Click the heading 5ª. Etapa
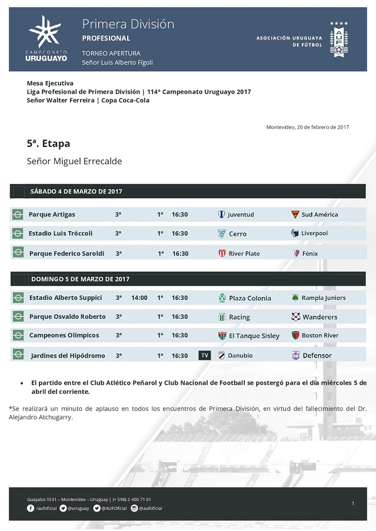point(48,143)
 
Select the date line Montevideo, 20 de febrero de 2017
point(307,127)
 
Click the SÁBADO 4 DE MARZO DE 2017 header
point(76,191)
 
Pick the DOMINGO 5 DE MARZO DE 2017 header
point(80,279)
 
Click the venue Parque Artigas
point(52,215)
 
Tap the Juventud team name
point(241,215)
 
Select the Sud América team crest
point(295,215)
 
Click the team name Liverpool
point(315,233)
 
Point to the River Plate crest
point(222,253)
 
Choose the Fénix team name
point(310,253)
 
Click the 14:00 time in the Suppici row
point(139,298)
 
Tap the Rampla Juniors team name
point(324,298)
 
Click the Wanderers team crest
point(295,316)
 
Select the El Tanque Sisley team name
point(254,336)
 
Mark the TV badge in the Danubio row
point(205,355)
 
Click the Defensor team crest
point(295,355)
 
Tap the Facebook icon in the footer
point(31,508)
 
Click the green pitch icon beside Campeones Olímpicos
point(18,336)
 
